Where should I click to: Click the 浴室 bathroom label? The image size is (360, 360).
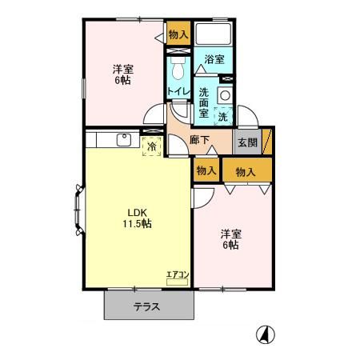(213, 58)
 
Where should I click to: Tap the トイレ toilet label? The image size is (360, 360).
(178, 91)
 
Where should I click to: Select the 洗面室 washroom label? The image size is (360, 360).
(204, 102)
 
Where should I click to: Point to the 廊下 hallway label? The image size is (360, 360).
(200, 141)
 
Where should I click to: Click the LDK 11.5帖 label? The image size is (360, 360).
(137, 218)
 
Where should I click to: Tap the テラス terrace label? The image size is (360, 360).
(147, 306)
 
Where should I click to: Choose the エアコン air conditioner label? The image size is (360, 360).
(177, 276)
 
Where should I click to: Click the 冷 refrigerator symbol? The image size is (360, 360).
(150, 146)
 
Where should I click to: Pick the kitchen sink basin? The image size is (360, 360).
(124, 141)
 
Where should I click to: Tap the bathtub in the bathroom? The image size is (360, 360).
(213, 34)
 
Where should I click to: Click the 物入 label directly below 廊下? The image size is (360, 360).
(206, 170)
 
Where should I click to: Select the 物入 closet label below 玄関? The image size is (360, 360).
(246, 170)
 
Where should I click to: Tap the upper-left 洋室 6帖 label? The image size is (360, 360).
(122, 74)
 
